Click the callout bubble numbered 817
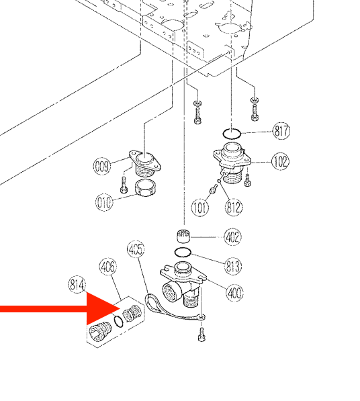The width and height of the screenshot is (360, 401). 281,132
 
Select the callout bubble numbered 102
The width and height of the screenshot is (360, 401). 280,161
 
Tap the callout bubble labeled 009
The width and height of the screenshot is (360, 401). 102,163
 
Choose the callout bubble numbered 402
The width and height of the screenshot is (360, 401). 233,237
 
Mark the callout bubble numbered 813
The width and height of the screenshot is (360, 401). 233,267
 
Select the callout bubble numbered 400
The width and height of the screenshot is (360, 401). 235,292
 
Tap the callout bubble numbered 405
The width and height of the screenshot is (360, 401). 136,251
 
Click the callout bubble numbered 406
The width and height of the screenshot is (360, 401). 108,267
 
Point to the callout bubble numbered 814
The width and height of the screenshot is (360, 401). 77,285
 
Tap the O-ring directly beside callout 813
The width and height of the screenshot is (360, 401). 183,253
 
